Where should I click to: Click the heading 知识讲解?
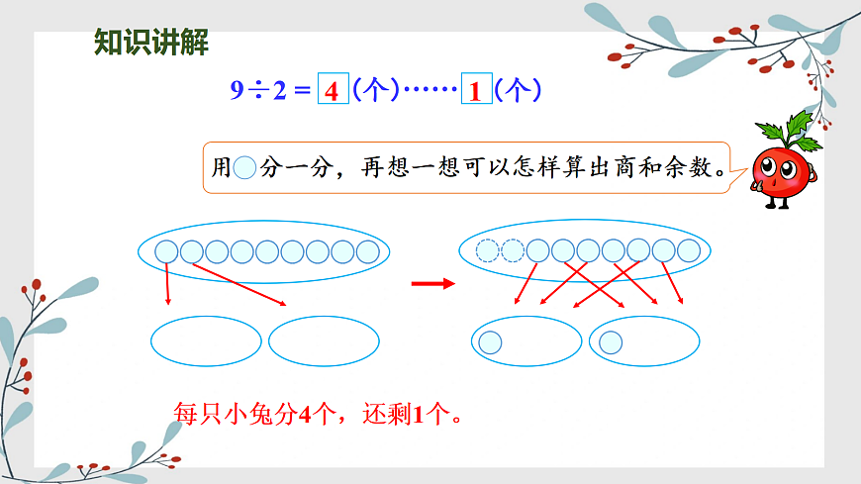pyautogui.click(x=150, y=43)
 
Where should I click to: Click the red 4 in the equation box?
pyautogui.click(x=332, y=91)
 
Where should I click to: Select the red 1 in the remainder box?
pyautogui.click(x=476, y=91)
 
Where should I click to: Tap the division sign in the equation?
pyautogui.click(x=259, y=91)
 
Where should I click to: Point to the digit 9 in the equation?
pyautogui.click(x=237, y=91)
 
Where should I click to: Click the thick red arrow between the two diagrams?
pyautogui.click(x=431, y=284)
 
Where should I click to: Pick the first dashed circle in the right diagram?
pyautogui.click(x=487, y=251)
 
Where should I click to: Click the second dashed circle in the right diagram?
pyautogui.click(x=513, y=251)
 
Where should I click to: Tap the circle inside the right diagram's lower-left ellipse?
pyautogui.click(x=490, y=343)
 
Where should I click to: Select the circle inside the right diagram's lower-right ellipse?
pyautogui.click(x=611, y=343)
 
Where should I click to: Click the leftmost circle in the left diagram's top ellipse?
pyautogui.click(x=166, y=251)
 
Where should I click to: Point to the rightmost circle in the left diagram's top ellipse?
pyautogui.click(x=367, y=251)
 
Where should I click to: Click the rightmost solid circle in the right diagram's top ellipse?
pyautogui.click(x=689, y=251)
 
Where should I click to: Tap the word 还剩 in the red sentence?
pyautogui.click(x=382, y=413)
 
